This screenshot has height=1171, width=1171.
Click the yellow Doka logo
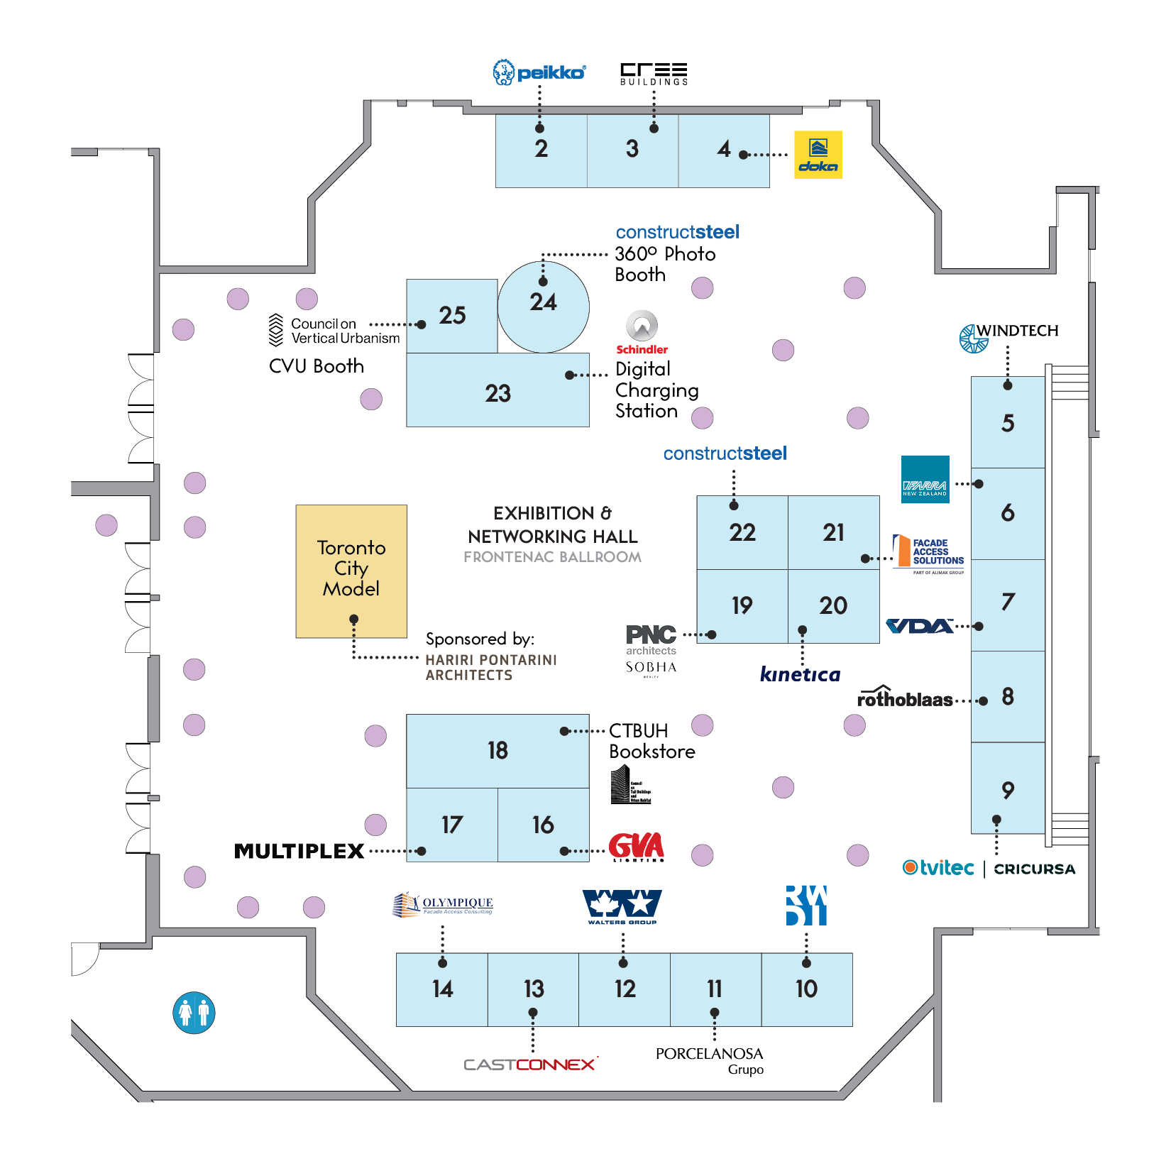[818, 155]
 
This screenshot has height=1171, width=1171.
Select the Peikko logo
[539, 72]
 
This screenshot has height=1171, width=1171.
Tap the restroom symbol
[194, 1013]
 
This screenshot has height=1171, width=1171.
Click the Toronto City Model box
[351, 571]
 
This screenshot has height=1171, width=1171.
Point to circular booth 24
[544, 307]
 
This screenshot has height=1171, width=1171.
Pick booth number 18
[497, 751]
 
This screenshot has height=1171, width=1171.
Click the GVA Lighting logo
[637, 847]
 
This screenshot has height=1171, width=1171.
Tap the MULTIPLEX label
[299, 851]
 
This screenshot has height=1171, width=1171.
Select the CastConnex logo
[530, 1065]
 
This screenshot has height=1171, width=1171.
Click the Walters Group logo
[622, 907]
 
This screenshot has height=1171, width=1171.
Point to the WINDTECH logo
[1008, 336]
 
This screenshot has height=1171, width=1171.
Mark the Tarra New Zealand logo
[925, 479]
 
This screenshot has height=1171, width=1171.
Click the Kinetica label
[800, 674]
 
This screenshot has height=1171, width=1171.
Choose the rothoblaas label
[905, 698]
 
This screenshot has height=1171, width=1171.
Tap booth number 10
[807, 989]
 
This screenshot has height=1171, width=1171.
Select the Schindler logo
[642, 333]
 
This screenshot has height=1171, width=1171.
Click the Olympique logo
[443, 905]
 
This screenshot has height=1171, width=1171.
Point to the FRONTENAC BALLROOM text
[552, 557]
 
